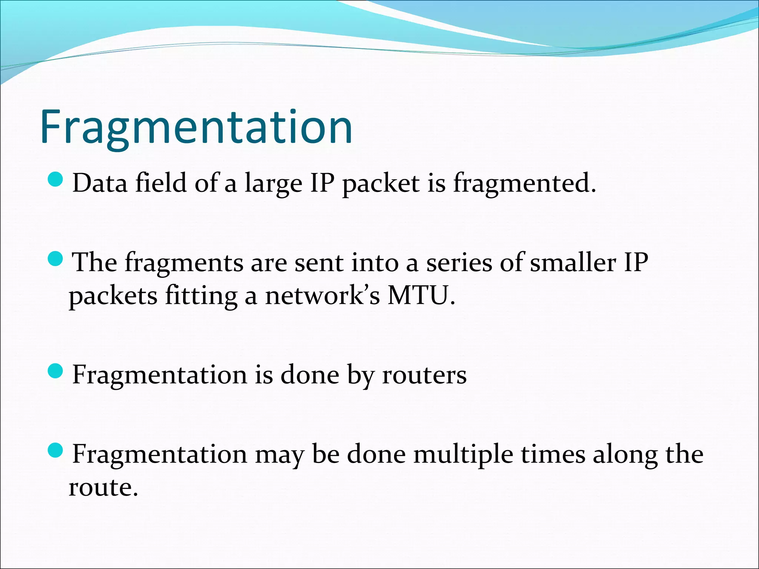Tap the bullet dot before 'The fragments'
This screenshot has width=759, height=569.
(x=56, y=259)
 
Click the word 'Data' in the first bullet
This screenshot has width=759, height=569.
(x=100, y=183)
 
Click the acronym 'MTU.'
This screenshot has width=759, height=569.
(x=421, y=296)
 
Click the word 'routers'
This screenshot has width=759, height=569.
(x=424, y=375)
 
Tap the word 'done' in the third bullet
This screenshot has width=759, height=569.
(x=309, y=375)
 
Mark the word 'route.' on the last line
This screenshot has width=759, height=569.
(x=103, y=488)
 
